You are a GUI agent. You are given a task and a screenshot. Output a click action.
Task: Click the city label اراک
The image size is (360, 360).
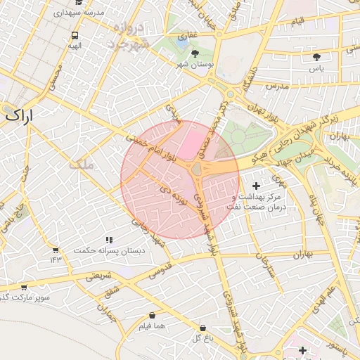click(x=18, y=116)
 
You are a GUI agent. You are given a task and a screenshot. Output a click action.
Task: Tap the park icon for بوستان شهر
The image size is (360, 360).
click(x=195, y=53)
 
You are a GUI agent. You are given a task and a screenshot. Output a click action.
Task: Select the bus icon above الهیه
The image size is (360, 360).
click(x=75, y=35)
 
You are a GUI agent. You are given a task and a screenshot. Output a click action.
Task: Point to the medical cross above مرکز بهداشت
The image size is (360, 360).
click(x=255, y=186)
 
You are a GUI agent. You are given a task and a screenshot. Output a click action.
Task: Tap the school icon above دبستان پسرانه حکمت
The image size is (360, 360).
click(x=108, y=240)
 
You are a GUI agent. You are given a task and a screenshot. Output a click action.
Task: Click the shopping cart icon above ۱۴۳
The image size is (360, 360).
click(x=56, y=250)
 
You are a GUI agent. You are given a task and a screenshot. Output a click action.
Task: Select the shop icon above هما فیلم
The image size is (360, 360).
click(x=152, y=316)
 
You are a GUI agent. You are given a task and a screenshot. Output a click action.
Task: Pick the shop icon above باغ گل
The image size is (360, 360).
click(x=202, y=328)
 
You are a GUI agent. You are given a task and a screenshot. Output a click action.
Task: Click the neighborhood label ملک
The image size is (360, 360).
click(x=82, y=165)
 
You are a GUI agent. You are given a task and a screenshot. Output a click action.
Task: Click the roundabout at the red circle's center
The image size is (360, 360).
click(x=196, y=169)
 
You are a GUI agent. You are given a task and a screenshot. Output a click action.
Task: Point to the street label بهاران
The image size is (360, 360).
click(x=297, y=253)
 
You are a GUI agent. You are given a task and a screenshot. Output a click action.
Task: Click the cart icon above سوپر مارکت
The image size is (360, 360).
click(x=24, y=287)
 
